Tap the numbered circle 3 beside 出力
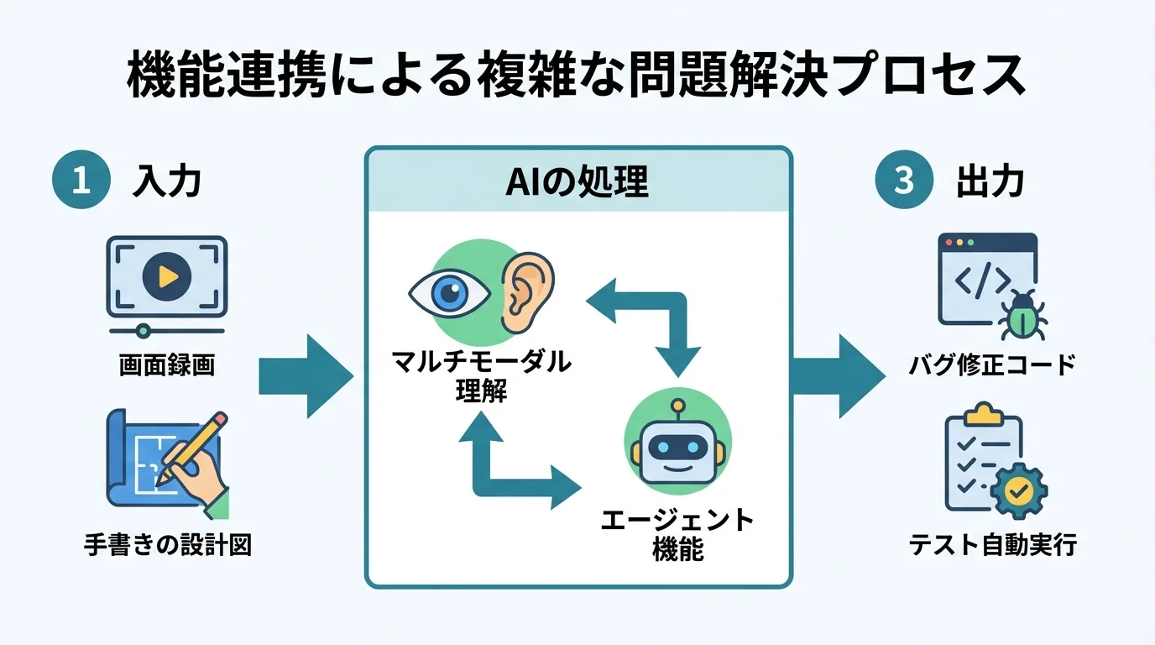904,181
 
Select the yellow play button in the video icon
166,275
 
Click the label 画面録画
166,366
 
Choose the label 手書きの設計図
168,545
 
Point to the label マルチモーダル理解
482,376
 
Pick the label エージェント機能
677,534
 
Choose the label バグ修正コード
991,366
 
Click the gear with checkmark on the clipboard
1017,492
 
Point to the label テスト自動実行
992,545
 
